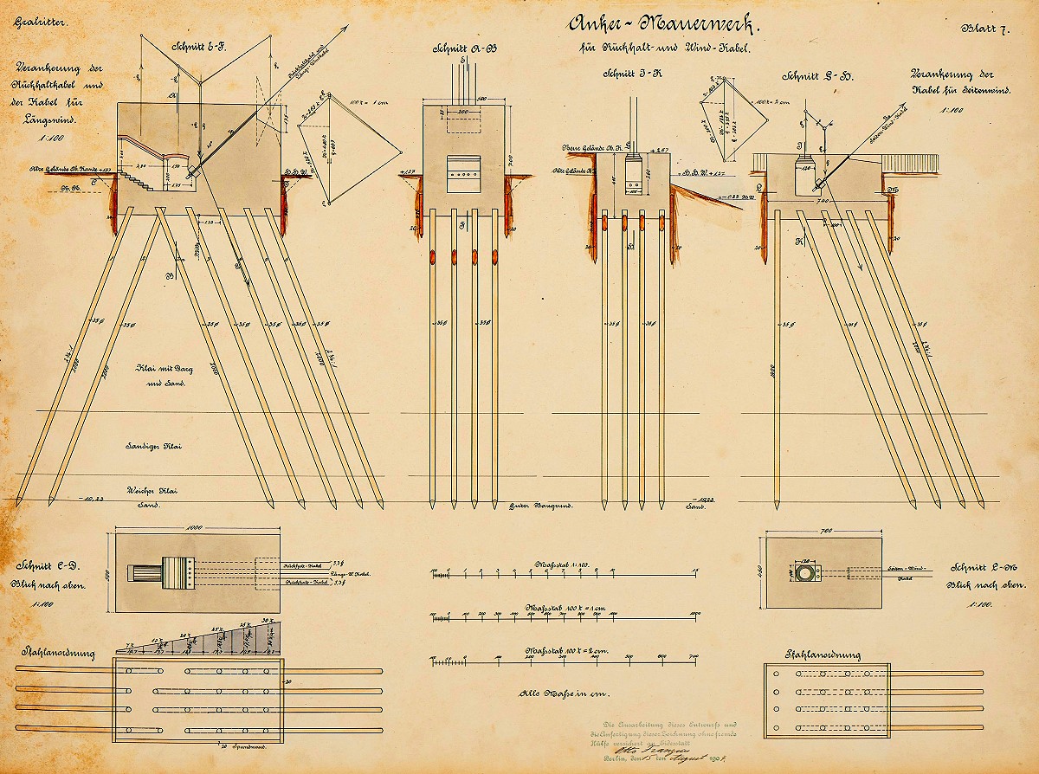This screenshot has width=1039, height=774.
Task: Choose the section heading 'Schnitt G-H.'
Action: coord(818,76)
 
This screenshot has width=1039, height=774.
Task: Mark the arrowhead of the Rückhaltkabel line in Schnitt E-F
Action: coord(345,29)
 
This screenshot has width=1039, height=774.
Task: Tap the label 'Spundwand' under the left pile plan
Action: coord(239,745)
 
